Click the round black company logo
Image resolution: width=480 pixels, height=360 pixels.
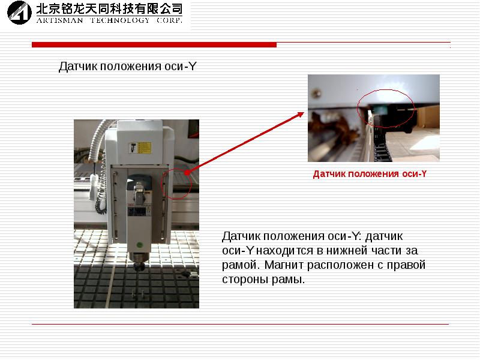click(19, 13)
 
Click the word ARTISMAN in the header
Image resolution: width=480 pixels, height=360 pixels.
click(59, 20)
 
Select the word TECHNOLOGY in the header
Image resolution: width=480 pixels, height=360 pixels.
click(119, 20)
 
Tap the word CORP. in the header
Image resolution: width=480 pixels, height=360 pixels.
click(169, 20)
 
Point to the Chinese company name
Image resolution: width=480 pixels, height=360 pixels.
click(109, 9)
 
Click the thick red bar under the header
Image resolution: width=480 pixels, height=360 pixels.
click(154, 44)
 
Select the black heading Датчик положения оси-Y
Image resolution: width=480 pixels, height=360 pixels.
click(127, 66)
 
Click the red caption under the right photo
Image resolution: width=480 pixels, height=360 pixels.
click(370, 174)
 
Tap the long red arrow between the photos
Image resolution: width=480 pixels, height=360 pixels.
click(245, 143)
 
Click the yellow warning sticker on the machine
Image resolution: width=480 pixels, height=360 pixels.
click(140, 148)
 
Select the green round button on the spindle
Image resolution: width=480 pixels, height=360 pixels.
click(140, 245)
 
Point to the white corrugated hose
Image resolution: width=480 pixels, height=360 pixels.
click(98, 141)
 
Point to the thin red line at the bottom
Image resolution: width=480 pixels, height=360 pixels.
click(241, 324)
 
